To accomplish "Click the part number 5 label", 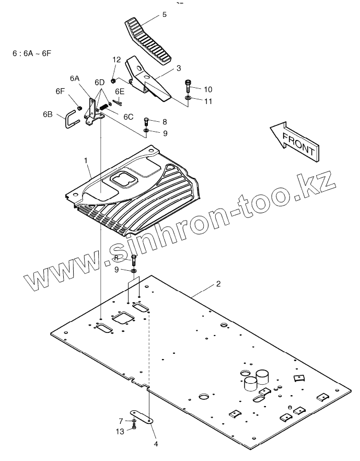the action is (x=165, y=15).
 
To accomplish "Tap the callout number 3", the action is (x=178, y=68).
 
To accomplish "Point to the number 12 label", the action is (x=117, y=60).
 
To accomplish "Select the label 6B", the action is (x=47, y=113).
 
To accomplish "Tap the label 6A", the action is (x=75, y=78).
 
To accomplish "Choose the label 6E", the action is (x=120, y=91).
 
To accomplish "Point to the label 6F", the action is (x=60, y=91).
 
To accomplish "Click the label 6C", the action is (x=129, y=117).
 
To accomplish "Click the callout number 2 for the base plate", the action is (x=218, y=284).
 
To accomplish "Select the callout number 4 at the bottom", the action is (x=155, y=444).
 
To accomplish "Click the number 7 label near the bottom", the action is (x=120, y=421).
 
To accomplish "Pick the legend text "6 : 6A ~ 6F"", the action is (x=31, y=53).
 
